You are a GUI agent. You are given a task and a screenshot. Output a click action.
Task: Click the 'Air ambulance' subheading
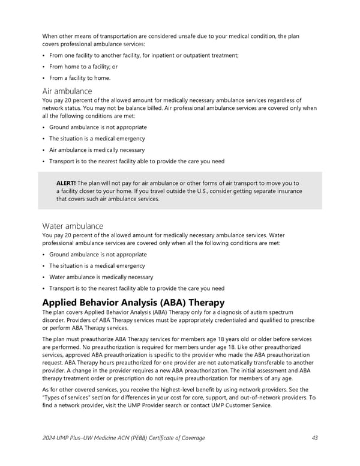coord(67,91)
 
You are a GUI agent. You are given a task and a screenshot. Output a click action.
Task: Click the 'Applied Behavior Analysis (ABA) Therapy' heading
coord(133,302)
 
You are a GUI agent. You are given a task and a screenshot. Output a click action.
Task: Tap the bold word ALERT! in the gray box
coord(66,183)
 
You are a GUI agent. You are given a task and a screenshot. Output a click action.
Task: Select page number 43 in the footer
coord(315,438)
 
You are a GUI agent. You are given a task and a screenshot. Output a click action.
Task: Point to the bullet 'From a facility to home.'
coord(80,78)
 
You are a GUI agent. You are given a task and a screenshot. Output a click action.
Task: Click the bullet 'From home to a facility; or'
coord(83,67)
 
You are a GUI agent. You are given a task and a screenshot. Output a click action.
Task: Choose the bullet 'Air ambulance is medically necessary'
coord(97,150)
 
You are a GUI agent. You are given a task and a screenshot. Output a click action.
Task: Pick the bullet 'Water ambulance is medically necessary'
coord(101,277)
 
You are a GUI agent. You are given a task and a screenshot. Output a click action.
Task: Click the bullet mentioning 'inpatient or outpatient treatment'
coord(144,55)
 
